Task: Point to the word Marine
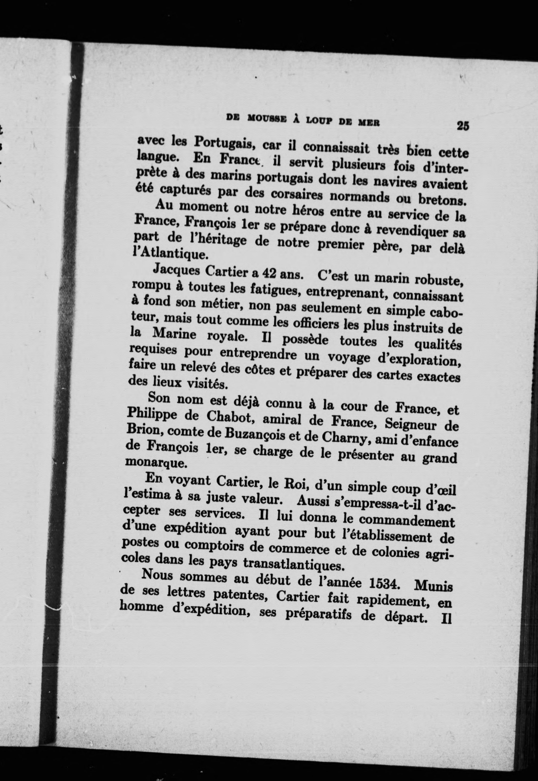[x=174, y=334]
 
